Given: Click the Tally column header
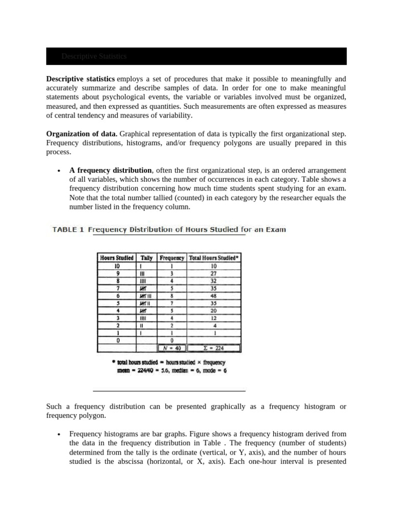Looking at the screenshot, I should [x=146, y=258].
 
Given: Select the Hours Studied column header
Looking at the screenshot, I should [x=117, y=258].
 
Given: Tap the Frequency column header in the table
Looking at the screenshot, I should [x=172, y=258].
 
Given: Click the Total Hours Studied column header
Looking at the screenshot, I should [x=214, y=258].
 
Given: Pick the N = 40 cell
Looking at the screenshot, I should [x=172, y=348].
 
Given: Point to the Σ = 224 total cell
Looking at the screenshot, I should [x=214, y=348].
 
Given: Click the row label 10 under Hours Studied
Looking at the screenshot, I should [x=117, y=266].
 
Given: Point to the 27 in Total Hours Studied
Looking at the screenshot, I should [x=214, y=274].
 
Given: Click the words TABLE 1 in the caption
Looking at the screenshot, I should [x=68, y=230].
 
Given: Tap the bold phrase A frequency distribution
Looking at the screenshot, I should [x=111, y=170].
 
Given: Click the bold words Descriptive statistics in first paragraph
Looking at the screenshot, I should [x=80, y=79].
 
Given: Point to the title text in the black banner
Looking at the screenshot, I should [x=94, y=56].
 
